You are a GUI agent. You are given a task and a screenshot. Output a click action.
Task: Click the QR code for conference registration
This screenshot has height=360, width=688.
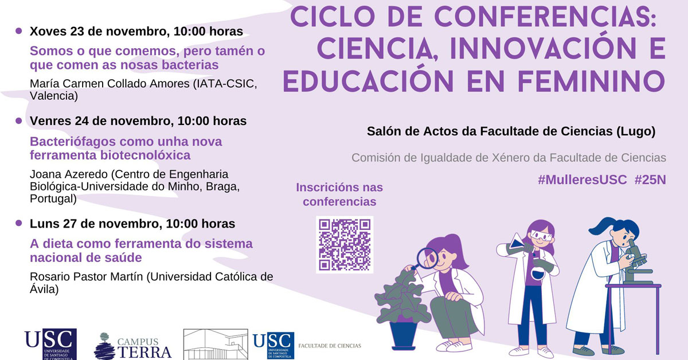pyautogui.click(x=345, y=245)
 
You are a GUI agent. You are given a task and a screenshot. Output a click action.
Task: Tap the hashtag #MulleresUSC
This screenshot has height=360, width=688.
pyautogui.click(x=582, y=179)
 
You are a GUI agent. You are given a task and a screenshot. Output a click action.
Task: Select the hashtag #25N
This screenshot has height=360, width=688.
pyautogui.click(x=650, y=179)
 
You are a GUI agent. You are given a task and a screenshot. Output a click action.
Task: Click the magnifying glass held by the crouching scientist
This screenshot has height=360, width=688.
pyautogui.click(x=425, y=259)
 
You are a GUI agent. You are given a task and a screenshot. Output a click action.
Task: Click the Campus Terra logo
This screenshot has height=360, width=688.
pyautogui.click(x=132, y=346)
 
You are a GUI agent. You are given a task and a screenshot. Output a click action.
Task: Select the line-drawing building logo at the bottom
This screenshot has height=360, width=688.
pyautogui.click(x=216, y=345)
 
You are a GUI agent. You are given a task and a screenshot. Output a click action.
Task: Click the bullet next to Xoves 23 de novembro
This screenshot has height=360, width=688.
pyautogui.click(x=19, y=31)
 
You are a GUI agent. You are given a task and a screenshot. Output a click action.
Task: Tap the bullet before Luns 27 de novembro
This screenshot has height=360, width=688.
pyautogui.click(x=19, y=223)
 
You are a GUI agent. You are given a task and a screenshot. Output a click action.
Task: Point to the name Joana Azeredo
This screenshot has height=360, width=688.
pyautogui.click(x=69, y=174)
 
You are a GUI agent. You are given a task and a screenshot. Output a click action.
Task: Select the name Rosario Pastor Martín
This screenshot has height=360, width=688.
pyautogui.click(x=87, y=277)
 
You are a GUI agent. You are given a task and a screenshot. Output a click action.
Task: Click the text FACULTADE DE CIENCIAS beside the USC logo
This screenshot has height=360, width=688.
pyautogui.click(x=330, y=346)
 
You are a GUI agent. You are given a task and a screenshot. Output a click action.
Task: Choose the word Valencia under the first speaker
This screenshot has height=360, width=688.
pyautogui.click(x=54, y=96)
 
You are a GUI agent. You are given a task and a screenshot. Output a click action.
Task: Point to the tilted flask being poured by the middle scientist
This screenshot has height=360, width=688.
pyautogui.click(x=518, y=241)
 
